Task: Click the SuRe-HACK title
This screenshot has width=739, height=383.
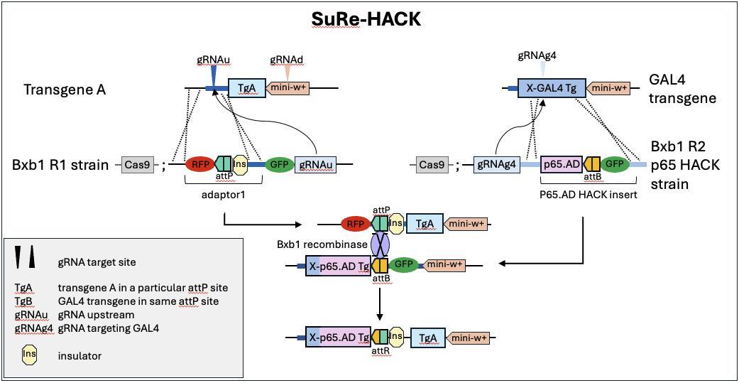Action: (x=366, y=19)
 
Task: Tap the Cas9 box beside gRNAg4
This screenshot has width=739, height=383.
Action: (x=432, y=166)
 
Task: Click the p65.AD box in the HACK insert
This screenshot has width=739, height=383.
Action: (x=562, y=165)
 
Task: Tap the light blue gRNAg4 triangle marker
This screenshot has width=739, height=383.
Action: (x=543, y=68)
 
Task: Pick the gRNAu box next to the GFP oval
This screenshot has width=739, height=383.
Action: (x=315, y=165)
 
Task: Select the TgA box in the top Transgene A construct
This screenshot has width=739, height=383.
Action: (x=246, y=88)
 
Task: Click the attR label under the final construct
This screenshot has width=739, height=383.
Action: (x=381, y=351)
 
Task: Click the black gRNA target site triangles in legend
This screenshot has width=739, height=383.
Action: (x=25, y=257)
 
